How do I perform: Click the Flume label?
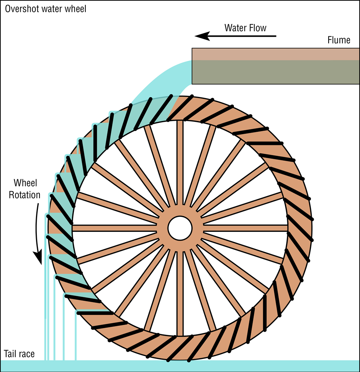[x=339, y=40]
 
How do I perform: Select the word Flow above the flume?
[x=258, y=28]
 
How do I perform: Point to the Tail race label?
[x=19, y=354]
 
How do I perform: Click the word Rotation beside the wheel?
[x=25, y=195]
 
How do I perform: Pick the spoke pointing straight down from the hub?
[x=180, y=291]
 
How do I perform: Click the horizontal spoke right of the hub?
[x=245, y=228]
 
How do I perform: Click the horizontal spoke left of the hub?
[x=115, y=228]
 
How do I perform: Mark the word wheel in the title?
[x=75, y=8]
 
